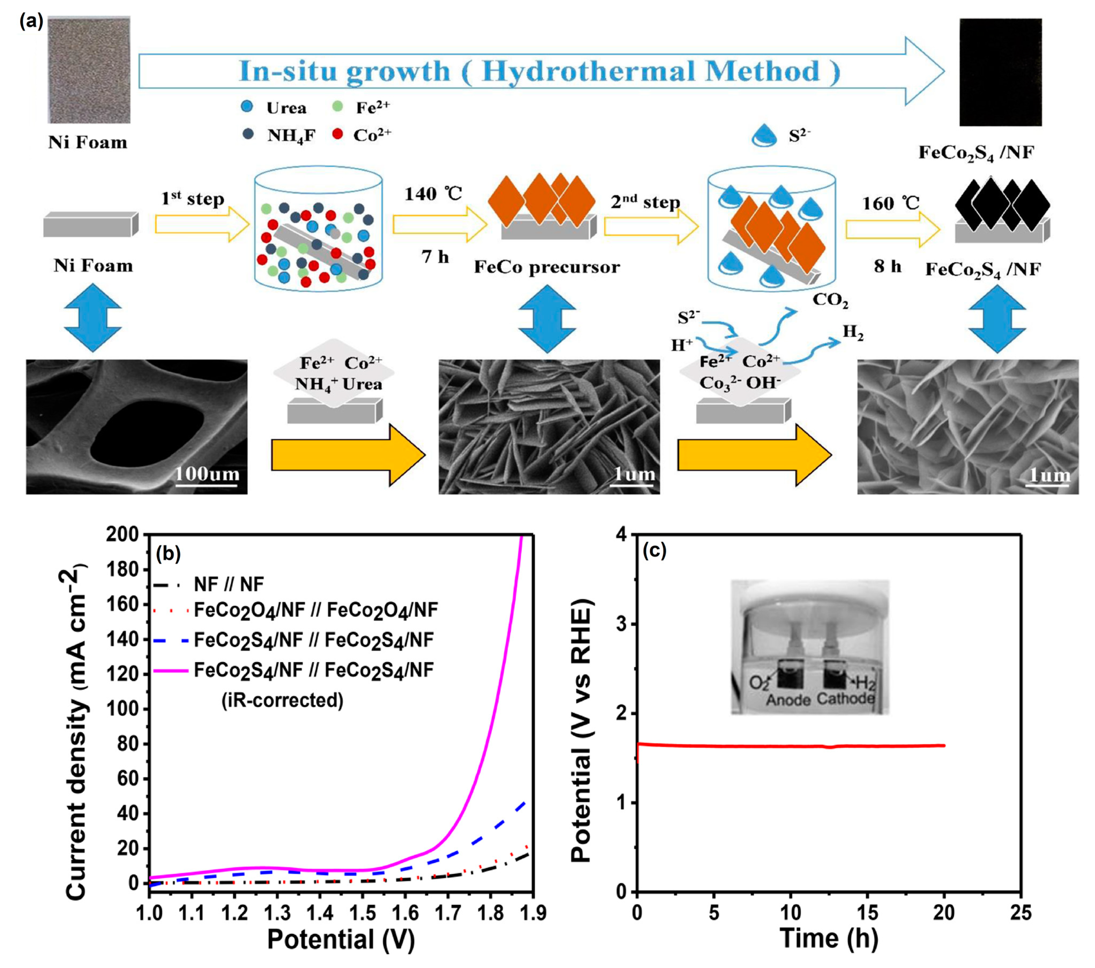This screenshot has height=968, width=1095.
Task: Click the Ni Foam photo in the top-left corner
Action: [x=89, y=70]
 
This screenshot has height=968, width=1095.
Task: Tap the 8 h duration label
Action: [x=887, y=266]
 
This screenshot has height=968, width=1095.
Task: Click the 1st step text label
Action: [x=193, y=199]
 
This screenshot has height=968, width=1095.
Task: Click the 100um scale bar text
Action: [x=207, y=474]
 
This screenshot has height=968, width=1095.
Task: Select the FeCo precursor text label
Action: [x=546, y=267]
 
